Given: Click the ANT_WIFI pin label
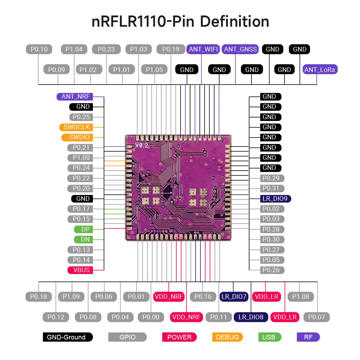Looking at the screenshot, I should [x=203, y=49].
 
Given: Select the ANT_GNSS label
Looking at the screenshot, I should [x=240, y=49].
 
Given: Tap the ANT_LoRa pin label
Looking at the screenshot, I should [x=320, y=70].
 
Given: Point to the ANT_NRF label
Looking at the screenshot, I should [x=75, y=96].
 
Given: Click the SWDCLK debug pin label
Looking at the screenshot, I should [x=76, y=127].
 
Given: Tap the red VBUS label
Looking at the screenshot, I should [x=81, y=270].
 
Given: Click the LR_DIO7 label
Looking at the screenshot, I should [x=234, y=297].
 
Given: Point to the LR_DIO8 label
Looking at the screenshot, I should [x=251, y=317].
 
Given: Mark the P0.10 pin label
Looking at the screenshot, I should [x=39, y=49].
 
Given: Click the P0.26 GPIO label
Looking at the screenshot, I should [x=271, y=270].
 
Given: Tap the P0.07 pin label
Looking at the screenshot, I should [x=316, y=317].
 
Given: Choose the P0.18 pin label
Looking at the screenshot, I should [x=39, y=297].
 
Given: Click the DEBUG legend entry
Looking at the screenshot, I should [x=227, y=337].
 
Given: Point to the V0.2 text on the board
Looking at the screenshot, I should [x=142, y=145].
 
